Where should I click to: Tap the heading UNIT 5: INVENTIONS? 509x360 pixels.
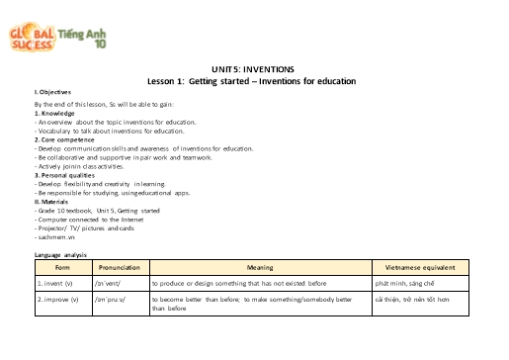point(254,69)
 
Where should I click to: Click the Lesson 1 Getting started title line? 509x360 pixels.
point(253,80)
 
